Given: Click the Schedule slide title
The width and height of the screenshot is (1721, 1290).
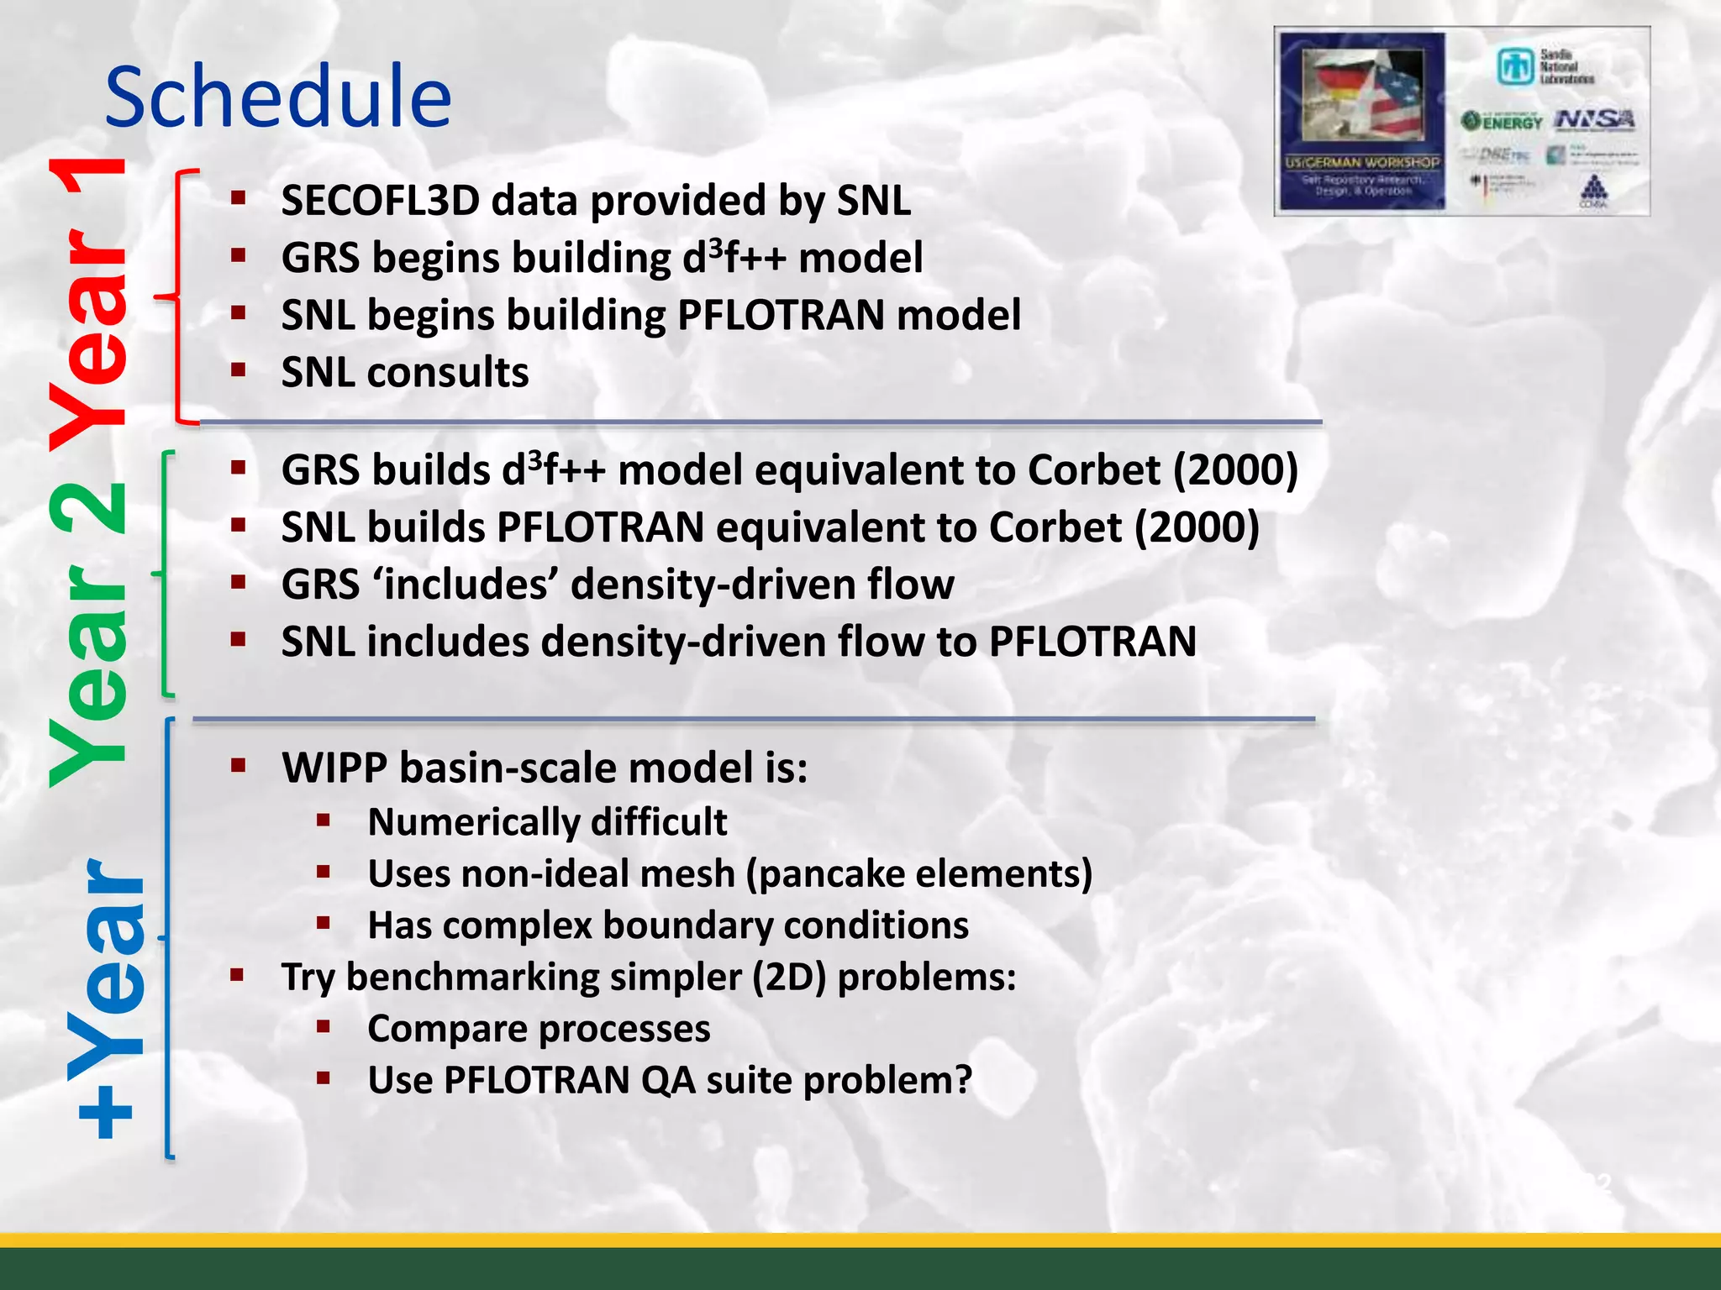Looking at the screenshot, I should (x=277, y=97).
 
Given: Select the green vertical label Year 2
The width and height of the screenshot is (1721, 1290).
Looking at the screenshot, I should (x=88, y=634).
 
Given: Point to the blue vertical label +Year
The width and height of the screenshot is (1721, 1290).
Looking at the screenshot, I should (x=109, y=999).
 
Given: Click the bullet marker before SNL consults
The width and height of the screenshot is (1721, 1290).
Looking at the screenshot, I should (x=239, y=370).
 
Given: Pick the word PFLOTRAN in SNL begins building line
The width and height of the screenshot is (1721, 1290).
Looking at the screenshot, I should (x=781, y=316).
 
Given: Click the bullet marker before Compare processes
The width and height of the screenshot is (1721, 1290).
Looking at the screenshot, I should (x=324, y=1027).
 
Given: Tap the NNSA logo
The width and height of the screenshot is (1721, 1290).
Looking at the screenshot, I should (x=1594, y=120).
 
